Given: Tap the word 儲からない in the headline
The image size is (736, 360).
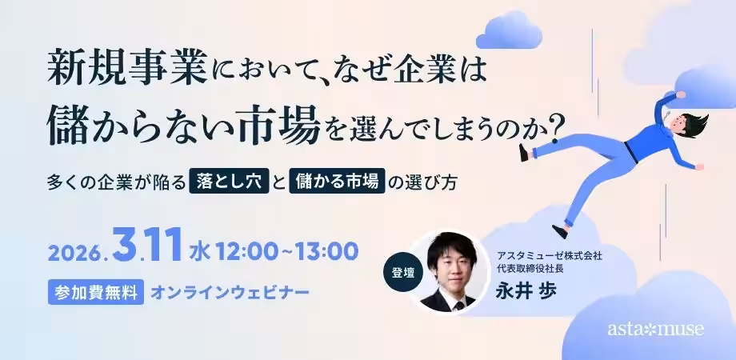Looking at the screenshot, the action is pyautogui.click(x=141, y=126).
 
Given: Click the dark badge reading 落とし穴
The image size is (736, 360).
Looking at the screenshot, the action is pyautogui.click(x=229, y=181).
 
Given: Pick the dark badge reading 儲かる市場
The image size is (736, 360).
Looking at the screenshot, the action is pyautogui.click(x=337, y=181).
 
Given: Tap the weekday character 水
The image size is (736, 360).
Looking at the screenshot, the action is pyautogui.click(x=199, y=252).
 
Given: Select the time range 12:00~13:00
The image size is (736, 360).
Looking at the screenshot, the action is pyautogui.click(x=286, y=252).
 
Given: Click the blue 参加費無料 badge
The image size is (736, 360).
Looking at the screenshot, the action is pyautogui.click(x=96, y=292).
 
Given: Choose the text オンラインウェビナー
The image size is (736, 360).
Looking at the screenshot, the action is pyautogui.click(x=230, y=293).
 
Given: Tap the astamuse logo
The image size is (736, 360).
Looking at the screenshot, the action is pyautogui.click(x=656, y=330).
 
